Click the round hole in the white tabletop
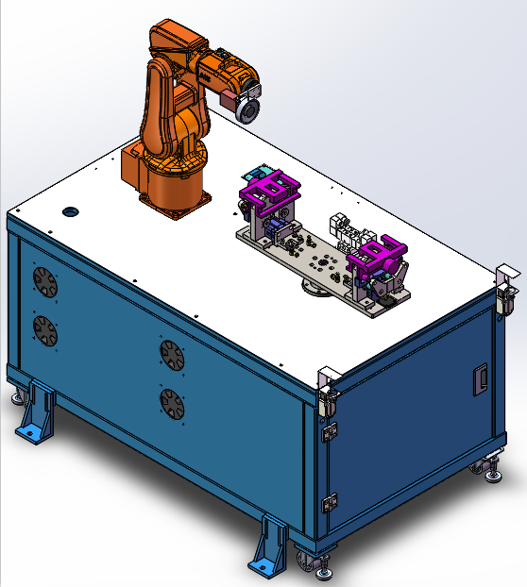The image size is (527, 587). (69, 210)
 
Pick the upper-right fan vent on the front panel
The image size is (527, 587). (170, 354)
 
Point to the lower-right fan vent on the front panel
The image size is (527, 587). (171, 404)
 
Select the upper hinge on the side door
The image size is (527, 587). (331, 431)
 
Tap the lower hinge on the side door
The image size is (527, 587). (331, 501)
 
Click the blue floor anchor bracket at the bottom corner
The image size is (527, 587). (268, 546)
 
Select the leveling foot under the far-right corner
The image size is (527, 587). (491, 469)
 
